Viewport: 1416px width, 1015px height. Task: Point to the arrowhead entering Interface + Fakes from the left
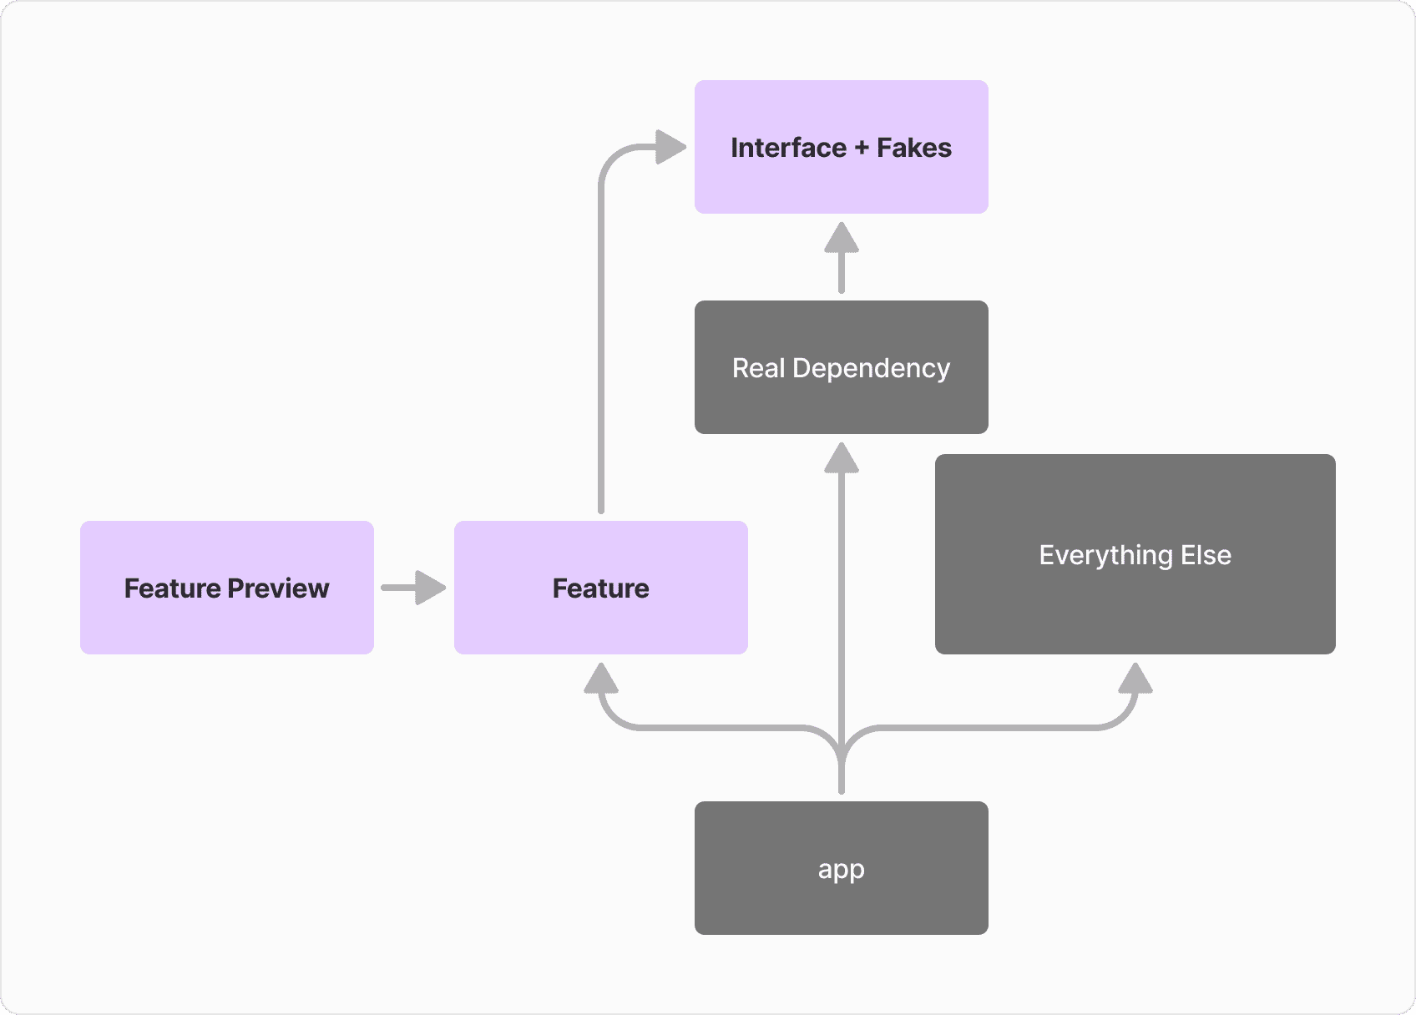click(670, 147)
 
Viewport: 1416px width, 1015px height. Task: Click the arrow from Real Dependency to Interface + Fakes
click(841, 259)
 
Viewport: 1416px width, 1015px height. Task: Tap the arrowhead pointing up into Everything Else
click(1135, 679)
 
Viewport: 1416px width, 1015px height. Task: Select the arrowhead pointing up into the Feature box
click(601, 679)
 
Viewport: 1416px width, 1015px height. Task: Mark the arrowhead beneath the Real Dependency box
click(841, 458)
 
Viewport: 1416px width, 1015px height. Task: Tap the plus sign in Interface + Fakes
click(862, 149)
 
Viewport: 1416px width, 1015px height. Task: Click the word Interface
click(788, 148)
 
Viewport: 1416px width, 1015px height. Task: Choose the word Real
click(758, 368)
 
